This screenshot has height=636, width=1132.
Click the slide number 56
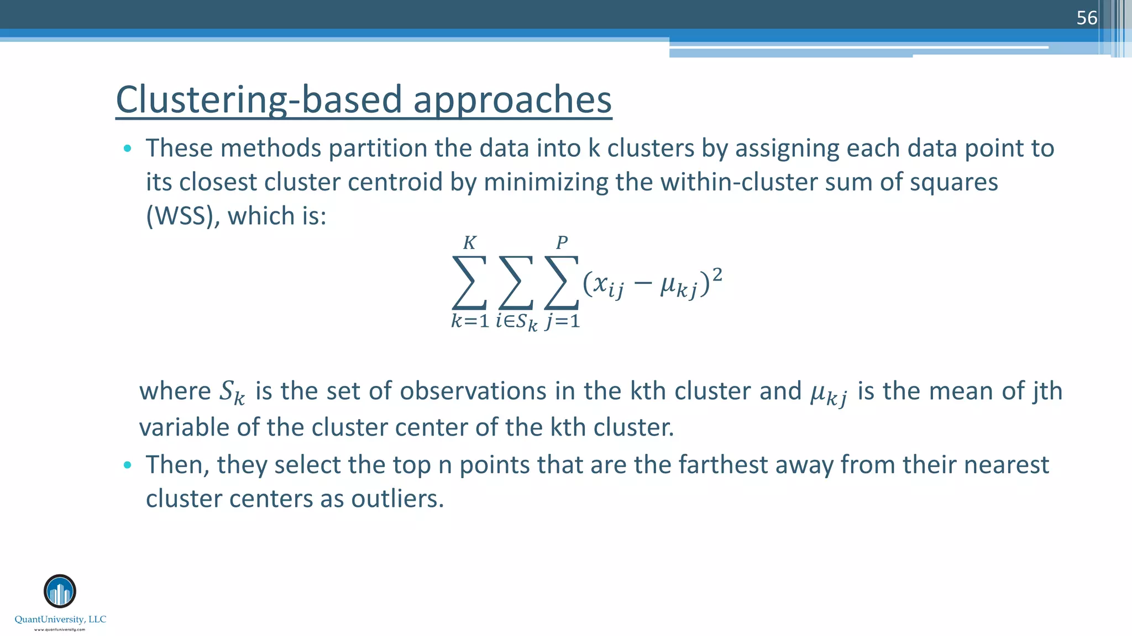pyautogui.click(x=1086, y=18)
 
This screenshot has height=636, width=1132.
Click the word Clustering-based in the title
pyautogui.click(x=259, y=100)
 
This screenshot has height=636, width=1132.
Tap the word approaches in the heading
pyautogui.click(x=512, y=100)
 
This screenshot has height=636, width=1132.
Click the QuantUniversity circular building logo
pyautogui.click(x=60, y=591)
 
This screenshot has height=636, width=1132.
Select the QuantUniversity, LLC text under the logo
pyautogui.click(x=60, y=619)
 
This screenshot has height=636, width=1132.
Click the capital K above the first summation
pyautogui.click(x=469, y=243)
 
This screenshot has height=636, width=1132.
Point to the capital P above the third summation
pyautogui.click(x=562, y=243)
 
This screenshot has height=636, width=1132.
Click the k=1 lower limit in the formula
pyautogui.click(x=470, y=321)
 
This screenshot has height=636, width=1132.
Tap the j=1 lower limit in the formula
pyautogui.click(x=562, y=321)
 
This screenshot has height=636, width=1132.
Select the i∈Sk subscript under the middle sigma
pyautogui.click(x=516, y=322)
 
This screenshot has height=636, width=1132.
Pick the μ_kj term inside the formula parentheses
pyautogui.click(x=678, y=286)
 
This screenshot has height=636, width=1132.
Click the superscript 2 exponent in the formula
pyautogui.click(x=717, y=274)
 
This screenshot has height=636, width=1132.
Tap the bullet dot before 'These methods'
pyautogui.click(x=128, y=148)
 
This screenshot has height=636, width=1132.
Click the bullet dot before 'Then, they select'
pyautogui.click(x=128, y=465)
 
